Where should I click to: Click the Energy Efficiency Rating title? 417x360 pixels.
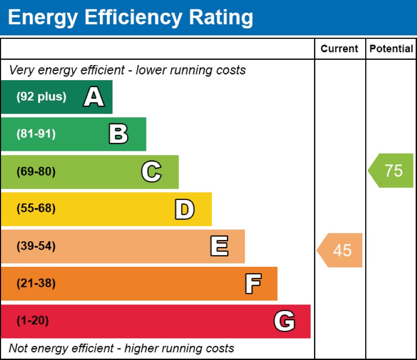coord(130,17)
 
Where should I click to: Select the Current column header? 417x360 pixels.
coord(339,49)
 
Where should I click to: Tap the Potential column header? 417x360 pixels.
coord(391,49)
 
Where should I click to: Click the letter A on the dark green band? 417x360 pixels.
coord(94,97)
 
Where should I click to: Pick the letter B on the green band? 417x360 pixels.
coord(118,134)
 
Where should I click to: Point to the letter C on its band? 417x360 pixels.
coord(151,172)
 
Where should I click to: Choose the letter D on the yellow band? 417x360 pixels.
coord(184,209)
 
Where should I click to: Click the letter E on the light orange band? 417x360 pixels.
coord(219,246)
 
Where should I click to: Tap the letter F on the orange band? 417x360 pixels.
coord(253,284)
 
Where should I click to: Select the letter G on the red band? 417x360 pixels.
coord(284,321)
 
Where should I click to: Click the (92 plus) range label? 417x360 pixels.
coord(41,97)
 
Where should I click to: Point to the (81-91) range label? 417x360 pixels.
coord(36,134)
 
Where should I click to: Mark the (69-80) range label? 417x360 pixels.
coord(36,172)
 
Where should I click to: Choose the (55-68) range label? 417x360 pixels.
coord(36,209)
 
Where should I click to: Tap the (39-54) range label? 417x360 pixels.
coord(36,246)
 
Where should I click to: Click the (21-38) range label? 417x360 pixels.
coord(36,284)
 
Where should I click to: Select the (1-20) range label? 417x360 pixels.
coord(32,321)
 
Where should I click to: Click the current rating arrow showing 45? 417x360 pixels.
coord(340,250)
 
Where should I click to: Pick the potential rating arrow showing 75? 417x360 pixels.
coord(392,171)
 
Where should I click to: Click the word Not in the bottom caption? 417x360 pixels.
coord(18,349)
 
